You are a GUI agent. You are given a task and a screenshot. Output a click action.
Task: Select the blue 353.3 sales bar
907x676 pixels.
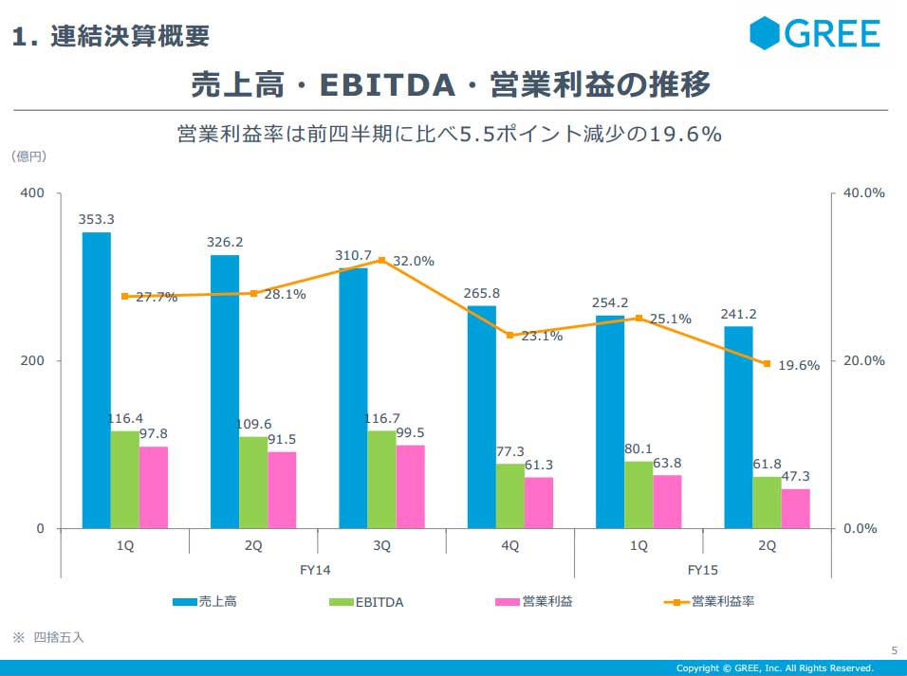[96, 379]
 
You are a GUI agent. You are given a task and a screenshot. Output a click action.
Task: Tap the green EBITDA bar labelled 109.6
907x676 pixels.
[253, 482]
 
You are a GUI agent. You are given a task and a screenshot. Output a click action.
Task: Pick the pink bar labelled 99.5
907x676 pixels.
[410, 486]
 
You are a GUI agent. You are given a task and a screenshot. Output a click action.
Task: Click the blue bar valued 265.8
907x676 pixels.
[481, 416]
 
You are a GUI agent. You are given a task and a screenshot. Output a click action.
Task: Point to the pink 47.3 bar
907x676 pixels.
[795, 508]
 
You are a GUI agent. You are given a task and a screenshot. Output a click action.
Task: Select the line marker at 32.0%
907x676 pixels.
[381, 260]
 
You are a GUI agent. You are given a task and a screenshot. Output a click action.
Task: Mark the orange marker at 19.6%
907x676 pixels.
[767, 363]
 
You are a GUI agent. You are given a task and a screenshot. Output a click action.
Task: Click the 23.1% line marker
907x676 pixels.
[509, 335]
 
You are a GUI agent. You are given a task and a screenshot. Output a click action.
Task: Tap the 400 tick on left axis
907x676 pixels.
[33, 192]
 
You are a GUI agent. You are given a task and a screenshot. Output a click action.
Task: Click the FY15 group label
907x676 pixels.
[702, 570]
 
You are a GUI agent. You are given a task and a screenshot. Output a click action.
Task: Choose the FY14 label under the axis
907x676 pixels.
[317, 570]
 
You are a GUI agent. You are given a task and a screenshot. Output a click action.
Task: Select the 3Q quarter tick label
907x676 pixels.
[381, 545]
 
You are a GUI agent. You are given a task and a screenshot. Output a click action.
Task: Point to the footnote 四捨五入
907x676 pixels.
[58, 637]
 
